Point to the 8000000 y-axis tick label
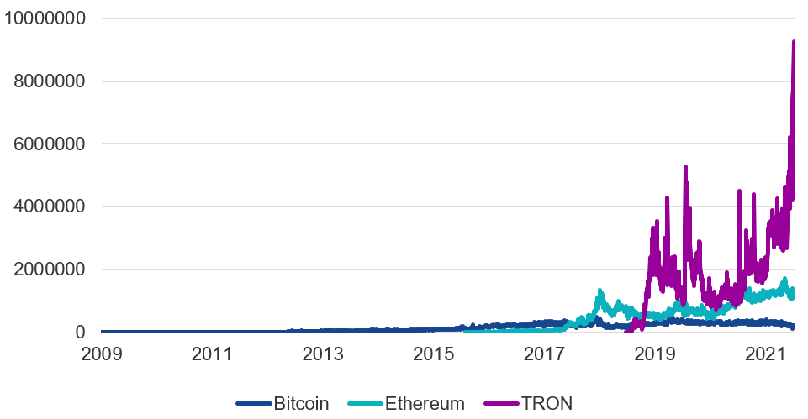click(49, 81)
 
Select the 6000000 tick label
click(49, 144)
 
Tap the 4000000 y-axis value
click(49, 207)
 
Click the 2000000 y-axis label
click(49, 270)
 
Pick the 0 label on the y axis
click(81, 333)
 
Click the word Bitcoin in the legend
click(301, 404)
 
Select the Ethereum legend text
click(425, 404)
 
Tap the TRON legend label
click(547, 404)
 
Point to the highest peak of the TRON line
click(794, 42)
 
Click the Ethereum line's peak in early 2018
click(600, 291)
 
